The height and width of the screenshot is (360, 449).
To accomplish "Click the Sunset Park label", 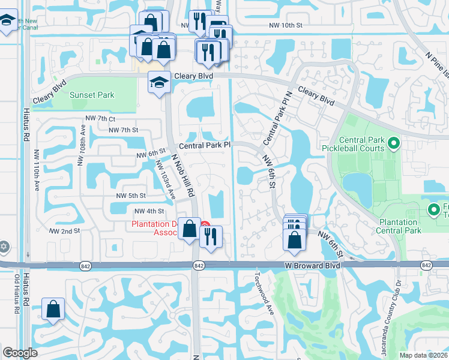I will (92, 95).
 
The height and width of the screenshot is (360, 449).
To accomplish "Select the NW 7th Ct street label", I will (100, 118).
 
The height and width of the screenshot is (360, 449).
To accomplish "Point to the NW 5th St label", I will (130, 196).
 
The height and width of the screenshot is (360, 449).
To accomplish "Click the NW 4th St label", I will (149, 211).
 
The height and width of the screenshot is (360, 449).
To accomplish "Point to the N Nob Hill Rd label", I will (183, 175).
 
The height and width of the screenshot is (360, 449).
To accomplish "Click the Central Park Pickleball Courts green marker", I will (394, 143).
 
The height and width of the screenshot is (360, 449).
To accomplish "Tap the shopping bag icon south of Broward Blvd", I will (53, 310).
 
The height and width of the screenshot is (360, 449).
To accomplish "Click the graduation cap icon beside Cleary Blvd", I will (160, 82).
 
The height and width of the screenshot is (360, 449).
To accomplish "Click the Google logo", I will (20, 353).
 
